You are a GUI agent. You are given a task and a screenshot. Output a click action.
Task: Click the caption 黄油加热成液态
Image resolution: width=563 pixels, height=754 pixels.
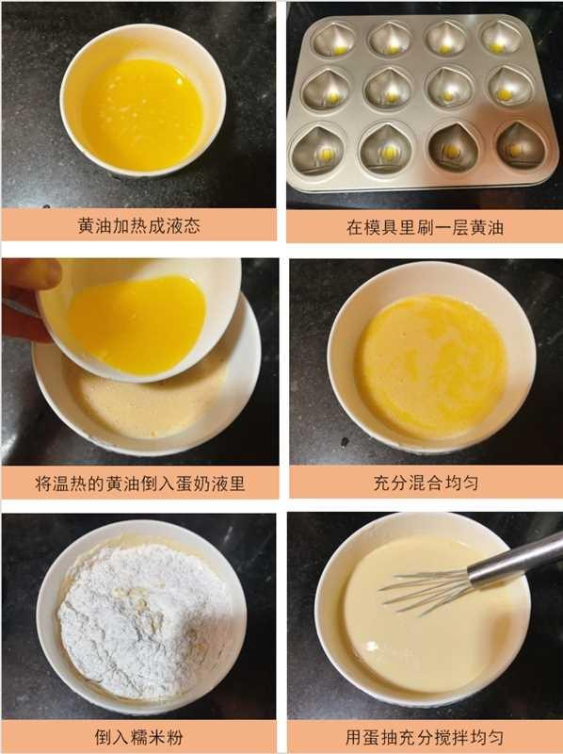pyautogui.click(x=139, y=226)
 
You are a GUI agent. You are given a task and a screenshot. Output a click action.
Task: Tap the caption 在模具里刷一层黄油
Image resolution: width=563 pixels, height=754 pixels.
pyautogui.click(x=425, y=227)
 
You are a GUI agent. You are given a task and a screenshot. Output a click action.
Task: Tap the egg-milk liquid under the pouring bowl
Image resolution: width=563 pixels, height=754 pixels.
pyautogui.click(x=141, y=401)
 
